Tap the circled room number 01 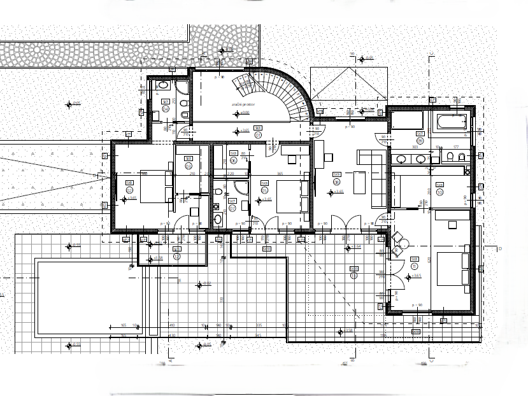click(x=258, y=135)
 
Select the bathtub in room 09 click(x=453, y=122)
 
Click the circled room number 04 click(x=166, y=109)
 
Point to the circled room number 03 click(x=189, y=166)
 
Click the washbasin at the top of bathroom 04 click(x=162, y=85)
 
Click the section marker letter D click(x=501, y=248)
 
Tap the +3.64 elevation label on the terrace click(x=357, y=247)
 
